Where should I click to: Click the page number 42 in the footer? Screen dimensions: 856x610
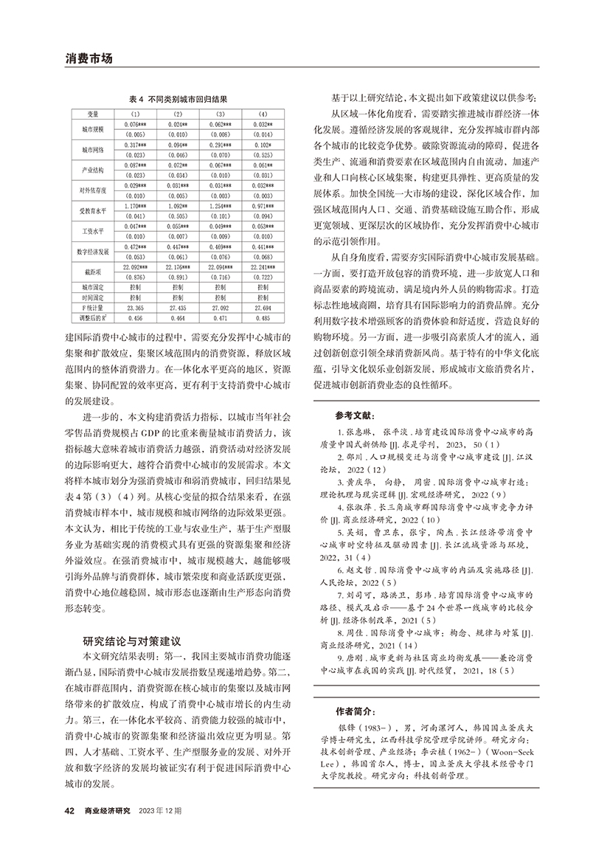coord(70,811)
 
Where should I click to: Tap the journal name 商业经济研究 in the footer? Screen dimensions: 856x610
coord(107,811)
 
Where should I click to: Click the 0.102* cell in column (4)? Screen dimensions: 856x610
coord(263,145)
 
